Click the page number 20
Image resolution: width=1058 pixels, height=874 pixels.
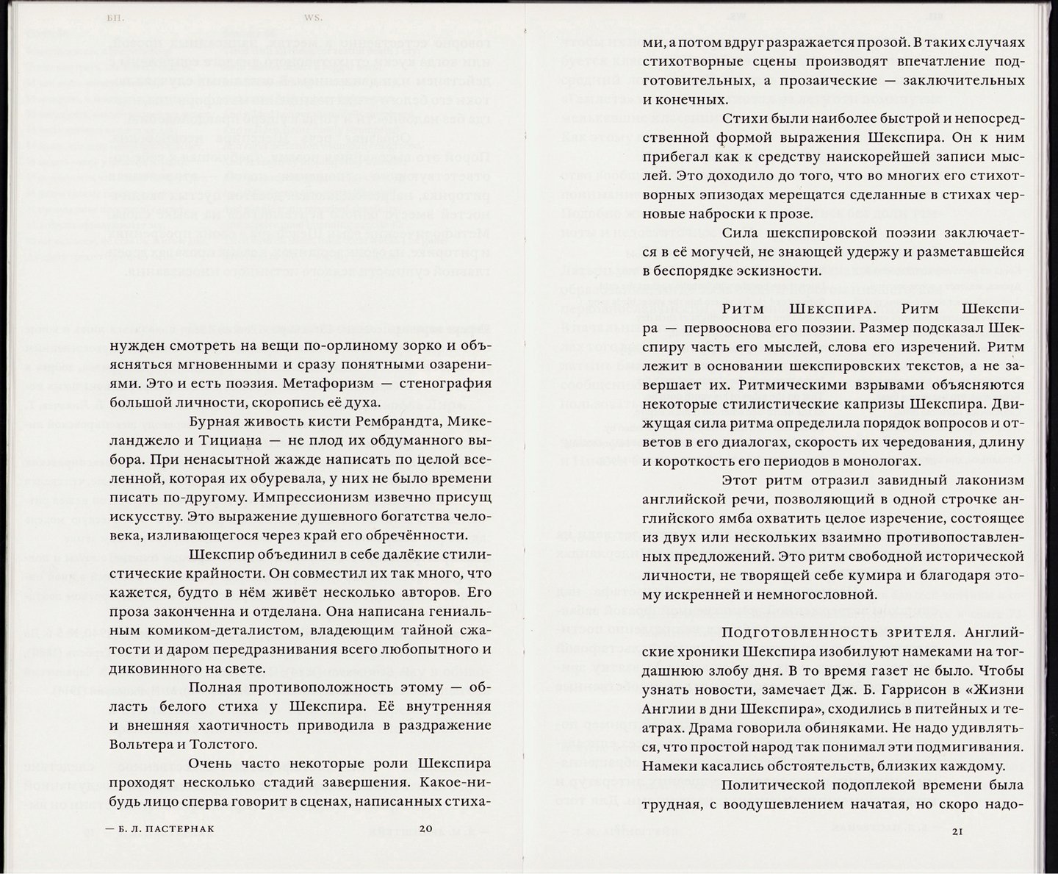(x=427, y=828)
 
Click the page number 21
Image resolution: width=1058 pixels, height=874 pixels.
(x=957, y=831)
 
